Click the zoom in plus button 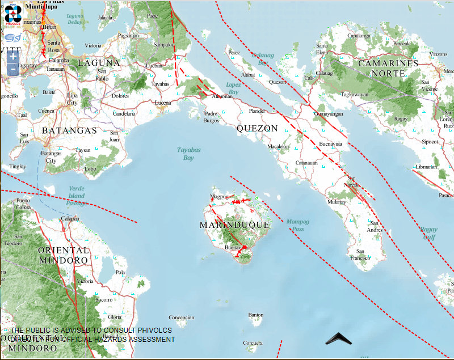[13, 57]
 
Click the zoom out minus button [13, 69]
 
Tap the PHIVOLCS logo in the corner [12, 15]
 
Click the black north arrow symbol [339, 339]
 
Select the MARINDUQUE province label [234, 225]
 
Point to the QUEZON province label [257, 129]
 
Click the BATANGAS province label [69, 130]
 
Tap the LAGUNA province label [99, 62]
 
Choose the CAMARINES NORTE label [388, 68]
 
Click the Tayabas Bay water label [185, 154]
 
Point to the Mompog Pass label [297, 225]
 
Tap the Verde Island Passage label [77, 196]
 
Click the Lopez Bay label [233, 88]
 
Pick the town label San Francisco [359, 255]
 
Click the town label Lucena [163, 103]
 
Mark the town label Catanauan [306, 163]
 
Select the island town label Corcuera [253, 343]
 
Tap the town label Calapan [70, 218]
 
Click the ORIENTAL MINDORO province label [64, 255]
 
